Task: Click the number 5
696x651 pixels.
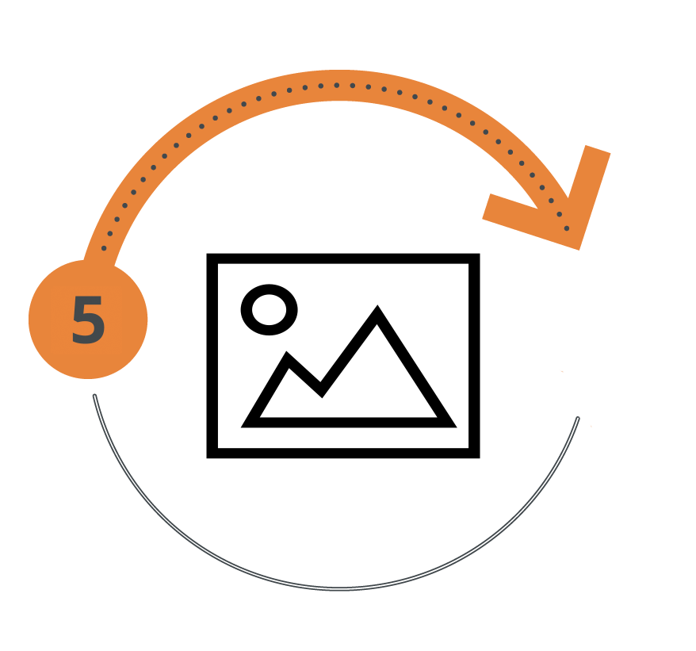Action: (x=88, y=320)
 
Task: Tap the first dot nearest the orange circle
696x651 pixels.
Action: (x=104, y=248)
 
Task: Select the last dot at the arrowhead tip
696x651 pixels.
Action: (x=567, y=228)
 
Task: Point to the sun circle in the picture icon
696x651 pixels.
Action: (x=269, y=309)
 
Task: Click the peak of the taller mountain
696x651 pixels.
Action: (x=377, y=305)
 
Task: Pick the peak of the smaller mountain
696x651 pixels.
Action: (x=287, y=352)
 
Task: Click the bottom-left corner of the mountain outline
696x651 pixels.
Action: (x=241, y=427)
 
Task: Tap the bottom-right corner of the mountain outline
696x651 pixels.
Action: (x=457, y=427)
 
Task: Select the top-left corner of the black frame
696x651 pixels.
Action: (x=207, y=254)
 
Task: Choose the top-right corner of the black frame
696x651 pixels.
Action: (x=480, y=254)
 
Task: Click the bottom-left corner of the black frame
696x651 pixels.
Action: (x=207, y=458)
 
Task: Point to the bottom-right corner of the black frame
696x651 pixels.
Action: (x=480, y=458)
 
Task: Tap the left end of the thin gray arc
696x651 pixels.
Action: (x=94, y=396)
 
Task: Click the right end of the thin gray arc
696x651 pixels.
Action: (x=577, y=419)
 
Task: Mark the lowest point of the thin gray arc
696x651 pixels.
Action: (x=339, y=589)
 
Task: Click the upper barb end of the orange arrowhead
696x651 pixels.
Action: (x=598, y=149)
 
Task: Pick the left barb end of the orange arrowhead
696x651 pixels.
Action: (x=487, y=206)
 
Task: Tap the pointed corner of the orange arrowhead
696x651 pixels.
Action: (x=579, y=249)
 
